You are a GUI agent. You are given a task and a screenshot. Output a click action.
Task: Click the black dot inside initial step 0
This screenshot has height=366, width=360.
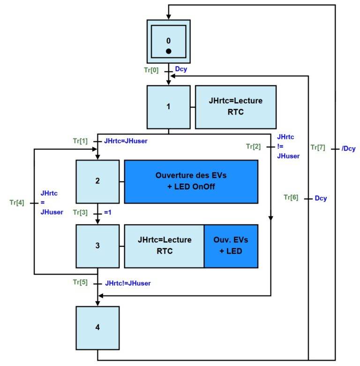pos(168,51)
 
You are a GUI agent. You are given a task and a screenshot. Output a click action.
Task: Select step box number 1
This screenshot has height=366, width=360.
pos(168,107)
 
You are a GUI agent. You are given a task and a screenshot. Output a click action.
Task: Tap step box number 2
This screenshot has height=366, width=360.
pos(97,182)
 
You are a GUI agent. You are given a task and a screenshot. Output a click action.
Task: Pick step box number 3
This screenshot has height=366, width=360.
pos(97,246)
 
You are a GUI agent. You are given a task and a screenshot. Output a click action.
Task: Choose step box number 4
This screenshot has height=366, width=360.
pos(97,328)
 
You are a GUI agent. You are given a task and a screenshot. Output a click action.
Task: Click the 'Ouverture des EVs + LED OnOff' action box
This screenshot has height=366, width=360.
pos(191,182)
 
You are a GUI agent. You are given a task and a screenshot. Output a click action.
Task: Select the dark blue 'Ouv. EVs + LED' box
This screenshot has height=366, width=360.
pos(231,246)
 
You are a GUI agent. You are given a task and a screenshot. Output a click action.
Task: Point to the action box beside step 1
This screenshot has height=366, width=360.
pos(235,107)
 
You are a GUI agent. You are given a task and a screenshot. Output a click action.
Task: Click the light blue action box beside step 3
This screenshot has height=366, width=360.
pos(164,246)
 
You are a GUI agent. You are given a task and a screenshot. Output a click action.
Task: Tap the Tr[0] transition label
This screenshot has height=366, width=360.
pos(151,69)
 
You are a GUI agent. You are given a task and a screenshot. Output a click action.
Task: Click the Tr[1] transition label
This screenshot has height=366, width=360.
pos(81,141)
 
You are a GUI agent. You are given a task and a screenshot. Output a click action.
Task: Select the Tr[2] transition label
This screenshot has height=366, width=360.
pos(254,146)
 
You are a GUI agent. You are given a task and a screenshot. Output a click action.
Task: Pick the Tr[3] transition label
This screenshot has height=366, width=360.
pos(81,212)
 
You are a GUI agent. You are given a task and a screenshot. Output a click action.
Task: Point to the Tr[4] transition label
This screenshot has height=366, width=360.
pos(17,202)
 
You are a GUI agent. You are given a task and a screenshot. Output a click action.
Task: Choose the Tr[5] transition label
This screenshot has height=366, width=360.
pos(81,283)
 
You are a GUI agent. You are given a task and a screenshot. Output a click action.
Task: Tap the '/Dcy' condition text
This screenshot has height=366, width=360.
pos(348,149)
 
